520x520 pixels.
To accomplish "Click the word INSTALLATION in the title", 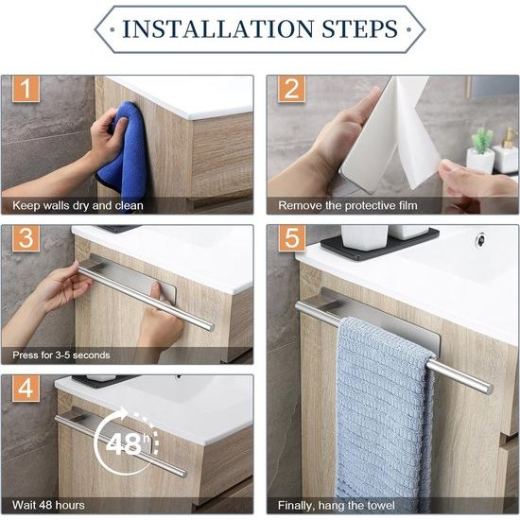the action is (217, 29).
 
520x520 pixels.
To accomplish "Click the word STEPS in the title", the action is (360, 29).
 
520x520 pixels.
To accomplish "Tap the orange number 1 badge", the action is (26, 89).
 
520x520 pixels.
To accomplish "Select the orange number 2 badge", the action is (291, 89).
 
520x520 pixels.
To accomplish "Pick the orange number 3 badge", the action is (26, 237).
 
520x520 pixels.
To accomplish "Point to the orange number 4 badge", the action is (26, 388).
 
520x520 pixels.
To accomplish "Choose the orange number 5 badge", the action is (291, 237).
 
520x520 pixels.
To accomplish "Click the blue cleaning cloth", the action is (125, 152).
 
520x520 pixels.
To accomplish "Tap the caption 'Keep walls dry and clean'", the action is (78, 205).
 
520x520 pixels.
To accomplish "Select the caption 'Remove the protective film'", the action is (348, 205).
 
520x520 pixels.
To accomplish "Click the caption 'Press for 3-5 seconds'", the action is (61, 355).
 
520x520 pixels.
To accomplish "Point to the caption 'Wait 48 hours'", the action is (48, 505).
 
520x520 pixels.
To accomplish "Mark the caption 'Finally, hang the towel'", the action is (337, 506).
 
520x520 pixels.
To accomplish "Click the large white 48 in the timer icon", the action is (124, 444).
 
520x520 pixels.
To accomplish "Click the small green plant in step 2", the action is (481, 140).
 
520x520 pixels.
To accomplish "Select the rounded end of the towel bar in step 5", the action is (488, 389).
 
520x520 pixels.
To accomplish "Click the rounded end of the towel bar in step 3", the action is (210, 326).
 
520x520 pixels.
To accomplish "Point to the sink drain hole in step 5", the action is (479, 237).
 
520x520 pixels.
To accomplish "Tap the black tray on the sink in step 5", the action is (380, 246).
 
